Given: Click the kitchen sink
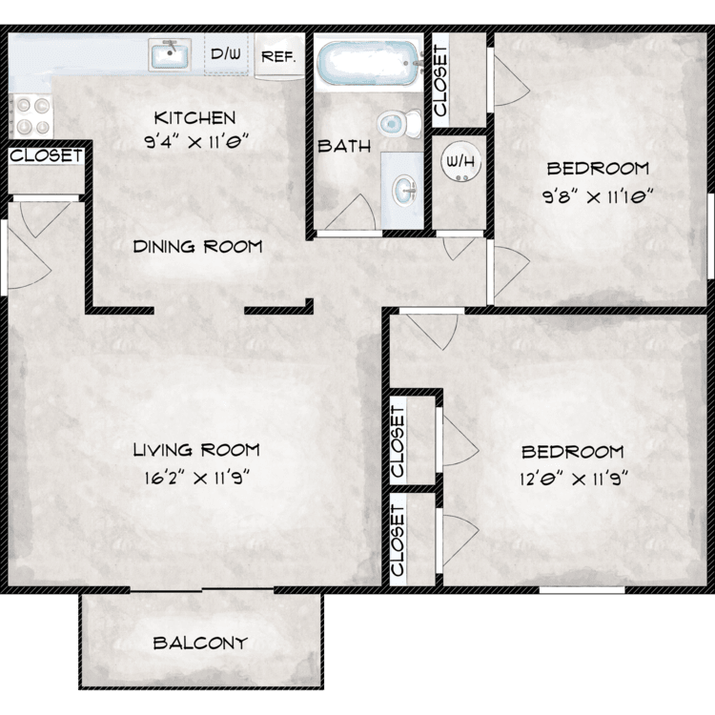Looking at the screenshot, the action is pos(169,54).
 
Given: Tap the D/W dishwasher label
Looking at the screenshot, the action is pos(226,53).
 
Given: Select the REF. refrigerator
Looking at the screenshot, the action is pos(279,56).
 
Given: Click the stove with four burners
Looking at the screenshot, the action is pos(31,115).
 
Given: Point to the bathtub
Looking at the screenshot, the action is pos(368,63).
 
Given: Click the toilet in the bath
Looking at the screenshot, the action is pos(399,123).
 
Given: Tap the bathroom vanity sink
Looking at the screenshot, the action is pos(403,189).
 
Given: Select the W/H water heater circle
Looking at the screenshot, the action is pos(461,162).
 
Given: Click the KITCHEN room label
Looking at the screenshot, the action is pos(194,118).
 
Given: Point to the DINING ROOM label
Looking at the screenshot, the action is pos(198,247).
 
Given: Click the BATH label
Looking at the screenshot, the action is pos(344,147).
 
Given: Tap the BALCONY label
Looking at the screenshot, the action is pos(200,643).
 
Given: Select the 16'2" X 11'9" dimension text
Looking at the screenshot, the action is pos(197,478).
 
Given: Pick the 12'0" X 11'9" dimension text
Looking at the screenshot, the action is pos(574,479).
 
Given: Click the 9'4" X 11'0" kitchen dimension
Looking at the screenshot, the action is pos(196,142).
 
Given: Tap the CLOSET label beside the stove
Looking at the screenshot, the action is pos(46,155).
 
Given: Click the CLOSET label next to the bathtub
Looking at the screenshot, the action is pos(440,81).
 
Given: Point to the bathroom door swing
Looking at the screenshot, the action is pos(351,212).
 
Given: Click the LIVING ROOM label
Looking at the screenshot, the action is pos(196,450).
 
